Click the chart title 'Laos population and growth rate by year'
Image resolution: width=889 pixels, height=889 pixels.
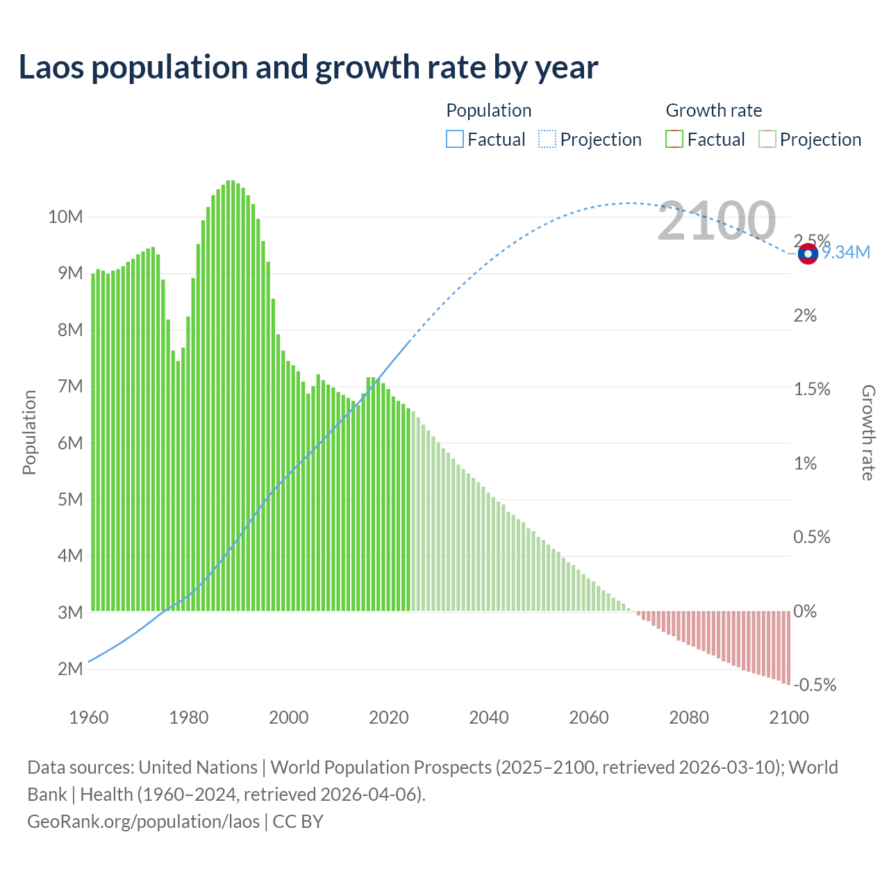(x=308, y=67)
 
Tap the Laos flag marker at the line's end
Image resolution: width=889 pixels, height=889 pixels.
(x=808, y=254)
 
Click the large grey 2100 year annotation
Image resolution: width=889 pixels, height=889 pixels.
(x=716, y=221)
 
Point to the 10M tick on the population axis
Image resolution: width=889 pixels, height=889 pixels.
(x=65, y=217)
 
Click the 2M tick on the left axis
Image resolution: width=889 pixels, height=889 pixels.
(x=70, y=669)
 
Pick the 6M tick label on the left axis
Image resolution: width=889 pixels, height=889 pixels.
(x=70, y=443)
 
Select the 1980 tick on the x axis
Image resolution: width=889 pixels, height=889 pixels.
(x=188, y=717)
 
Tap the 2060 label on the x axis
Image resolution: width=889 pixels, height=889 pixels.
(x=588, y=717)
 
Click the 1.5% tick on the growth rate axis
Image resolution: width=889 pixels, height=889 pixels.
(x=812, y=389)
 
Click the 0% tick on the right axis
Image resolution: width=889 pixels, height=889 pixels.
(x=805, y=611)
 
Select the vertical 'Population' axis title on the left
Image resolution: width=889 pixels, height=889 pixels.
(x=29, y=432)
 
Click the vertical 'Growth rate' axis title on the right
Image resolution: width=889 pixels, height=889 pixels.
(x=868, y=432)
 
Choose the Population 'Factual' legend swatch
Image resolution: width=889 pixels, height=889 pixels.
(x=454, y=140)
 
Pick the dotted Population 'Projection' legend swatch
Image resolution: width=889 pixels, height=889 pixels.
(x=547, y=140)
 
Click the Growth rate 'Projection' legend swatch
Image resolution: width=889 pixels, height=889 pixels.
(x=767, y=140)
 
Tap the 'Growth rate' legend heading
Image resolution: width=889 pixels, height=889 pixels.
(x=713, y=110)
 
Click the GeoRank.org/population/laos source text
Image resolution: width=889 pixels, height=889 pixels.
(x=143, y=821)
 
